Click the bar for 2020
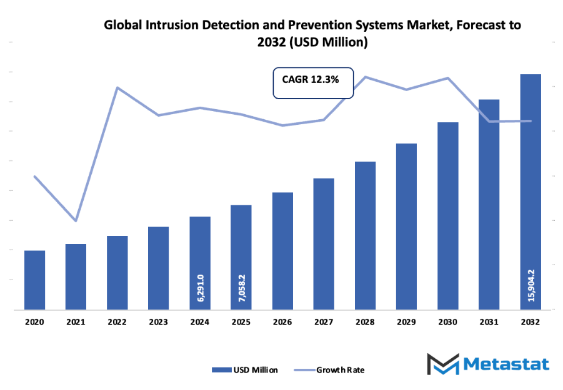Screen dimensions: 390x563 click(34, 280)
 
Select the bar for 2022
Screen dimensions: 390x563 click(117, 272)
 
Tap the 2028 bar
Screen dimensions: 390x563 click(365, 235)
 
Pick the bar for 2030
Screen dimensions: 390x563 click(447, 215)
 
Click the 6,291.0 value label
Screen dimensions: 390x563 click(201, 288)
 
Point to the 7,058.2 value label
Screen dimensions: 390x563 click(242, 288)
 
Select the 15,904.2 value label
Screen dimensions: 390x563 click(531, 285)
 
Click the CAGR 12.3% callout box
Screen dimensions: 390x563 click(313, 82)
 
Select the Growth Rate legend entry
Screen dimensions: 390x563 click(340, 369)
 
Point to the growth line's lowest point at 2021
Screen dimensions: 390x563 click(76, 221)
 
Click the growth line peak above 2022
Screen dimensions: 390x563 click(117, 87)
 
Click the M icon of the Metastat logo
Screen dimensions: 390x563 click(442, 364)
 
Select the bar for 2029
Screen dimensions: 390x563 click(406, 226)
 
